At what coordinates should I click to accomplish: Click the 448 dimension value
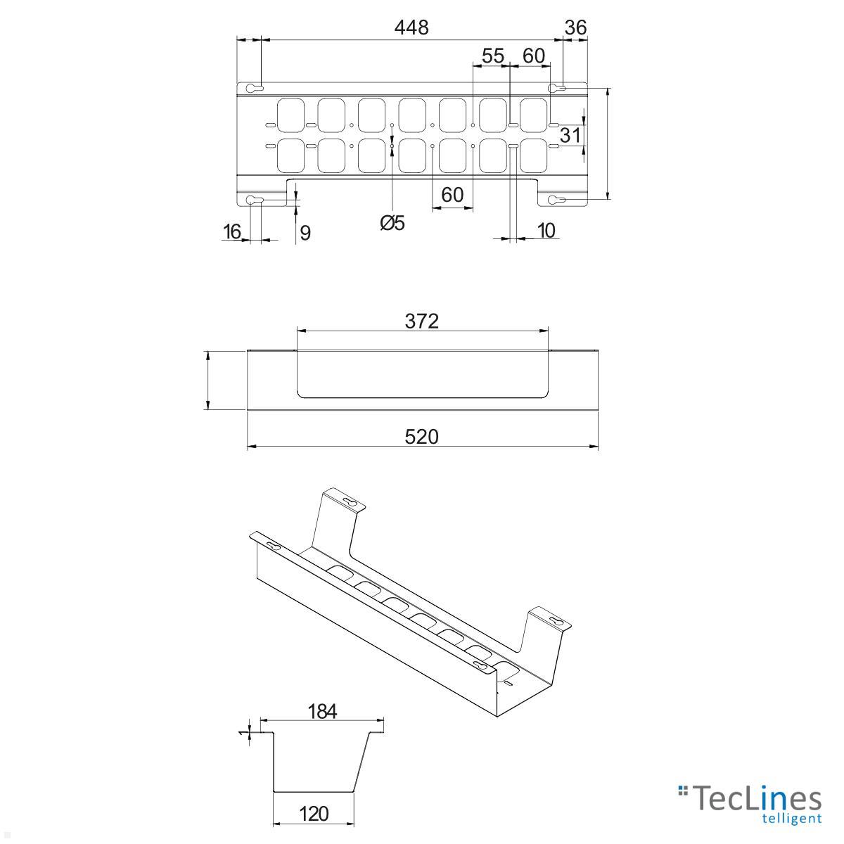coord(411,27)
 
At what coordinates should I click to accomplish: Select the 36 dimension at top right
coord(575,27)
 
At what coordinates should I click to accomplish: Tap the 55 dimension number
coord(493,56)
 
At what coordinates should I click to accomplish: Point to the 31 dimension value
coord(570,134)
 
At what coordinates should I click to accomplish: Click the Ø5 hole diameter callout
coord(392,224)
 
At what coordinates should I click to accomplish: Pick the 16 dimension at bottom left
coord(232,231)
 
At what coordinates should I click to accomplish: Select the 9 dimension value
coord(305,233)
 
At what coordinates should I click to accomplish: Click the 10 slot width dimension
coord(546,230)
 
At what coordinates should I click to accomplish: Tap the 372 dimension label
coord(422,321)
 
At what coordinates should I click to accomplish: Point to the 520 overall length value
coord(422,437)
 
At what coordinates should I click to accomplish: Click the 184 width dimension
coord(323,711)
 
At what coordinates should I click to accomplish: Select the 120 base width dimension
coord(314,814)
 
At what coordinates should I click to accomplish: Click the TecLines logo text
coord(757,799)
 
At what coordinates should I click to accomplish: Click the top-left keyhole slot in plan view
coord(255,89)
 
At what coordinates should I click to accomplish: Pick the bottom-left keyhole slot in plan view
coord(255,200)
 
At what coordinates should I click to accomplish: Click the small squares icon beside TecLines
coord(682,791)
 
